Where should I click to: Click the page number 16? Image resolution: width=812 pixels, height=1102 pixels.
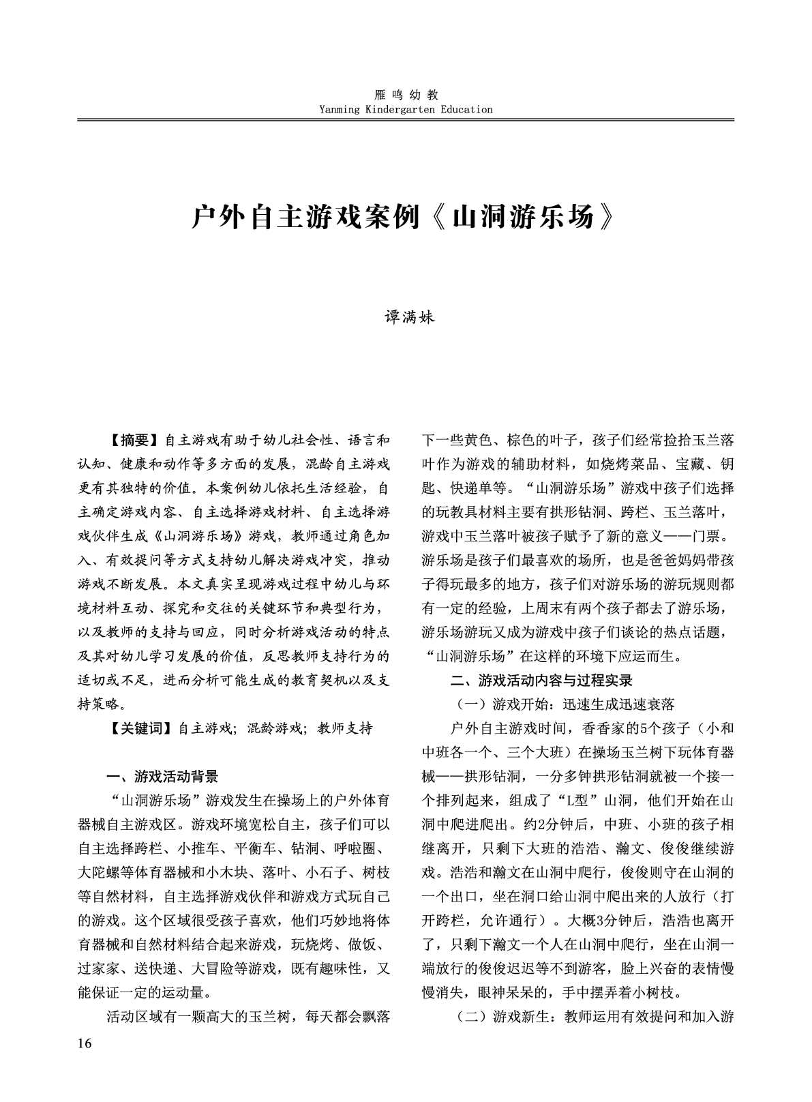(x=85, y=1043)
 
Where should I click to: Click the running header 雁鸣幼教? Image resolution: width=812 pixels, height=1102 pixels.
(x=406, y=95)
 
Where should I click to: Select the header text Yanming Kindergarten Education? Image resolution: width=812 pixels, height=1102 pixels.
(x=406, y=109)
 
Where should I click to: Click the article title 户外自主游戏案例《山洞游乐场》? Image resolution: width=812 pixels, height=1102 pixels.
(x=406, y=218)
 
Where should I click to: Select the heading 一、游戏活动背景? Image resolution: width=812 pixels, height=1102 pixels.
(x=162, y=776)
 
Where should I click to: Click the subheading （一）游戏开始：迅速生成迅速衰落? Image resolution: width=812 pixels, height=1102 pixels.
(x=566, y=704)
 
